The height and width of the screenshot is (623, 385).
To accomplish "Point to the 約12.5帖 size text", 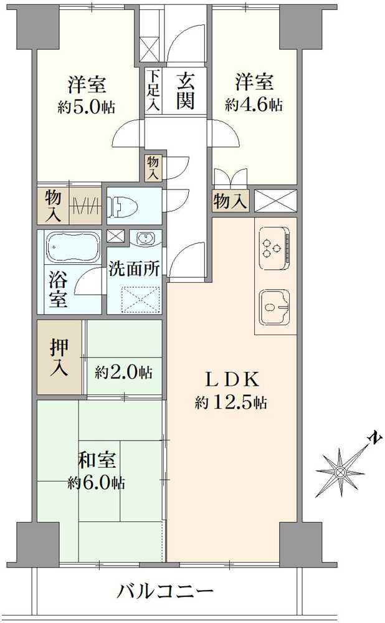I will pyautogui.click(x=231, y=403).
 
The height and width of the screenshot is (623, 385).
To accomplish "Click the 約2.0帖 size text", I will pyautogui.click(x=123, y=373).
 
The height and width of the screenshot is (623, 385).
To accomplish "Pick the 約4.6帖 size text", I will pyautogui.click(x=254, y=104).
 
